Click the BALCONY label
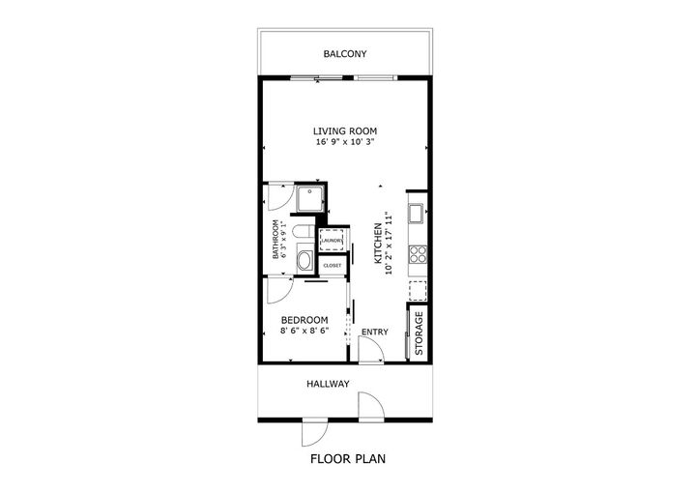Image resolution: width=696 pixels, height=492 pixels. [344, 55]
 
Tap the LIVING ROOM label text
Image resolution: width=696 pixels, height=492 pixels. [344, 130]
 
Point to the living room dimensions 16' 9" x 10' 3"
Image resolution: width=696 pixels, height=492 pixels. [344, 142]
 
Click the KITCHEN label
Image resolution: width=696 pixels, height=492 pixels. [377, 242]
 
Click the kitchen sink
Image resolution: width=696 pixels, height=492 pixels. [418, 213]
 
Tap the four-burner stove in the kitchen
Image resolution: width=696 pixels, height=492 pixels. [419, 254]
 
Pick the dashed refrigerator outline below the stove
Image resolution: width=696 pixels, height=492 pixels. [419, 290]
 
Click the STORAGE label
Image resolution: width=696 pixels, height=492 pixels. [420, 333]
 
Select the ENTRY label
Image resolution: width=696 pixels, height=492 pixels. [374, 333]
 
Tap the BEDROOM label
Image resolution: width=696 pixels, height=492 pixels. [304, 320]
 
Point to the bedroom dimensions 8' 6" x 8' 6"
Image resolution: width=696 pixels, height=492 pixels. [304, 332]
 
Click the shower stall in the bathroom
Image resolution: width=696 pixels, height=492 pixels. [310, 199]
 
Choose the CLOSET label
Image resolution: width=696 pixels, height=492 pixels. [333, 264]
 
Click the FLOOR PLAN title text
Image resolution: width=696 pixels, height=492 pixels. [347, 459]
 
